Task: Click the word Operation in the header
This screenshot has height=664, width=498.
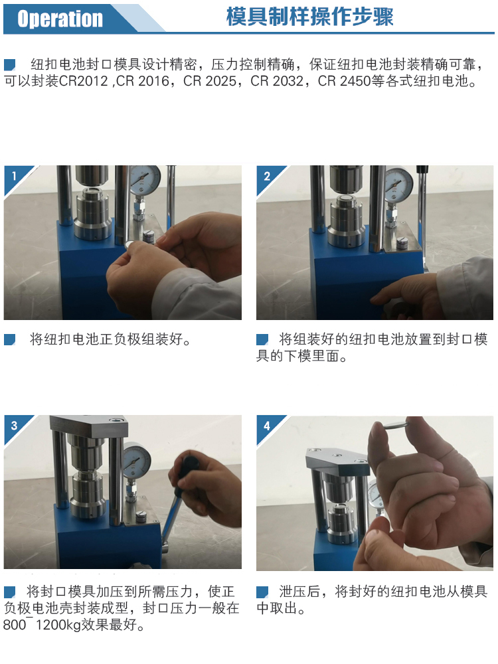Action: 60,19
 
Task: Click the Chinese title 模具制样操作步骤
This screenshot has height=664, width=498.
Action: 310,17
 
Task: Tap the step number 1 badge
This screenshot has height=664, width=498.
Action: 14,175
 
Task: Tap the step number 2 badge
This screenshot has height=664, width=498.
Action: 267,176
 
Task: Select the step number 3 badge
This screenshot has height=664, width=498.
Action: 14,425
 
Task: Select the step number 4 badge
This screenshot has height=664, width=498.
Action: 267,426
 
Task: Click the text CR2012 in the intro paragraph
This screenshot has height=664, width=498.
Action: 84,81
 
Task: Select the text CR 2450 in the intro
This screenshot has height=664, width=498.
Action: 344,81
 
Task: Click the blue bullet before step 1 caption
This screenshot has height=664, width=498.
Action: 10,339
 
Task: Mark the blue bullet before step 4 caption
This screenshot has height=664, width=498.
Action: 262,592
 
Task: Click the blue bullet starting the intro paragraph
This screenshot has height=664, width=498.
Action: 10,64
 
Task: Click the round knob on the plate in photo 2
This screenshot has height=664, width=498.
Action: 402,242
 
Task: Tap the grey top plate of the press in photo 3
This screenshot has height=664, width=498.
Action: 88,426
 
